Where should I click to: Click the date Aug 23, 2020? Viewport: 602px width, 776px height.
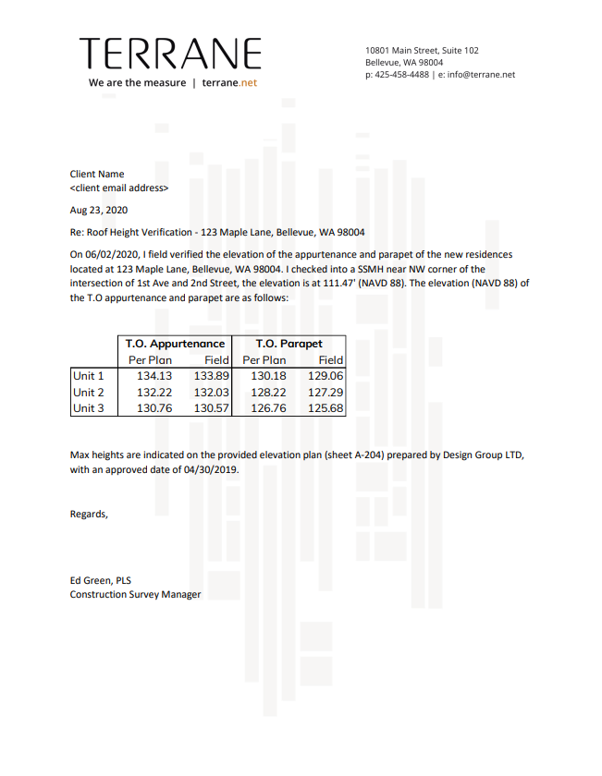click(x=99, y=210)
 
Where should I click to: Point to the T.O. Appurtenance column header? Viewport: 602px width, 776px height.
click(x=175, y=344)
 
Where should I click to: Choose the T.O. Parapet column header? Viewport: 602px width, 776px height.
click(x=289, y=344)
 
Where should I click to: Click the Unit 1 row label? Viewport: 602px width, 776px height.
click(x=89, y=376)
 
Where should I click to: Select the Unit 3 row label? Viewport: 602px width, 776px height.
click(x=89, y=408)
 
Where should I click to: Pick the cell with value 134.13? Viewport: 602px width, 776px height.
click(x=154, y=376)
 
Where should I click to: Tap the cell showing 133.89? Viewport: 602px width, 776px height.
click(x=211, y=376)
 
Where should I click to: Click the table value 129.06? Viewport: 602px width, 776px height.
click(x=325, y=376)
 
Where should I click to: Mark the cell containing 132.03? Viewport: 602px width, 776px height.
click(x=211, y=393)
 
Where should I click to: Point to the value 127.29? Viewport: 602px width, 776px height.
click(x=325, y=393)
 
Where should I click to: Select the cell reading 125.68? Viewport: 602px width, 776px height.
click(x=325, y=408)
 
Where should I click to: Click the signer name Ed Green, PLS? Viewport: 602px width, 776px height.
click(x=101, y=580)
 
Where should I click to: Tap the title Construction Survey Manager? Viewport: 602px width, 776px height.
click(x=135, y=594)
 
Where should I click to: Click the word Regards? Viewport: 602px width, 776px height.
click(x=89, y=514)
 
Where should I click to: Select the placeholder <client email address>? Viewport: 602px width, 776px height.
click(x=119, y=188)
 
